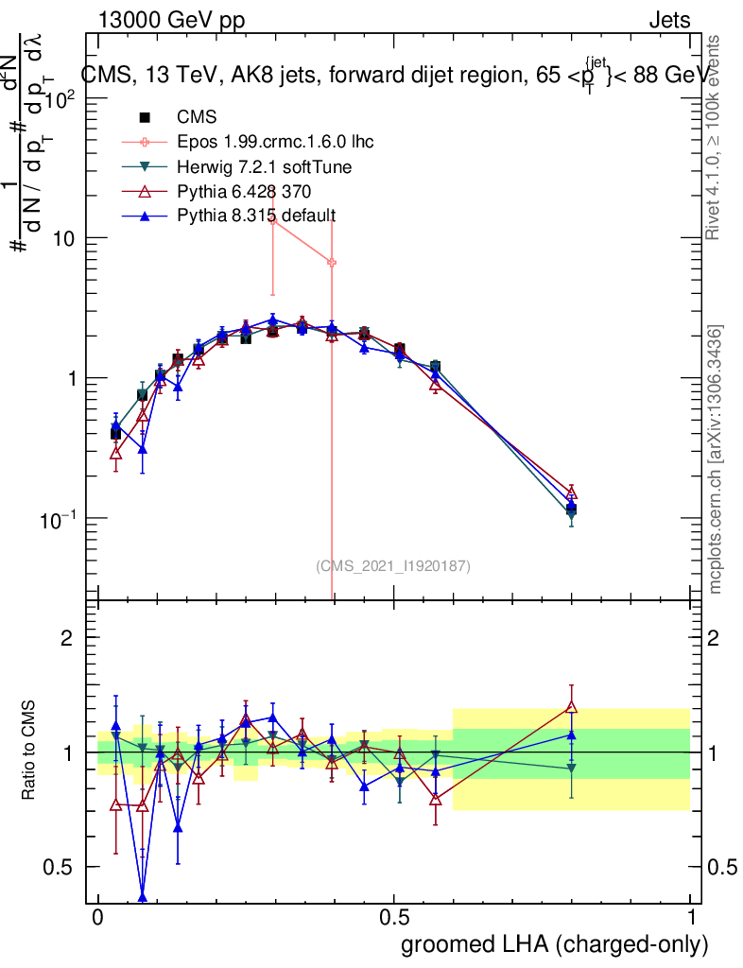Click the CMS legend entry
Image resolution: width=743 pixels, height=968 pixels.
pos(197,117)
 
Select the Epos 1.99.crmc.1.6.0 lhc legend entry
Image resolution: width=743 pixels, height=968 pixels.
pos(275,142)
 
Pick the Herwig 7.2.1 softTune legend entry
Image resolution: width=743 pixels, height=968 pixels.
pos(266,167)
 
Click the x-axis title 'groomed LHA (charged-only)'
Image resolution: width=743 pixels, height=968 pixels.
pos(555,944)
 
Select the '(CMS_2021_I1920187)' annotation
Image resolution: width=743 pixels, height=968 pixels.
pos(392,565)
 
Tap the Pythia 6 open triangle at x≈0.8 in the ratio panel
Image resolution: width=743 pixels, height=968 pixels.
pos(571,705)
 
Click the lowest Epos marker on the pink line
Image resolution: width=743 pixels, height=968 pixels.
pos(332,262)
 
